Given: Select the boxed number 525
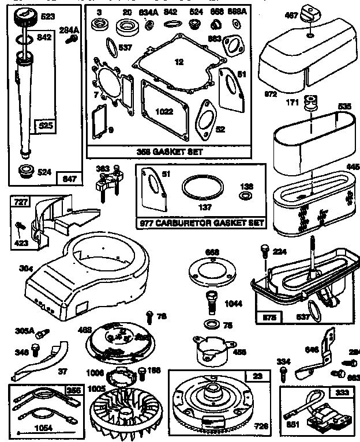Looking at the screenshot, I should click(44, 124).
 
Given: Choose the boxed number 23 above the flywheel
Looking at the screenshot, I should click(257, 375).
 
